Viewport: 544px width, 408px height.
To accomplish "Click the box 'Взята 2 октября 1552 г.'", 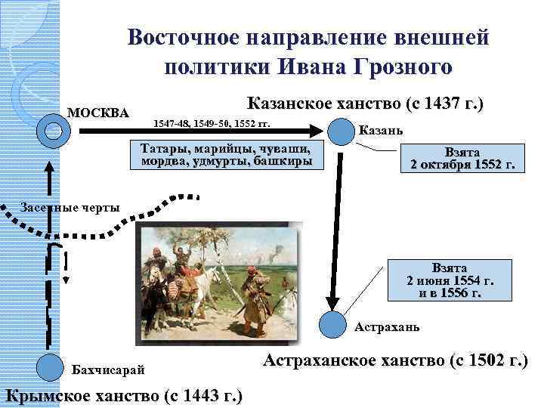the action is point(460,158).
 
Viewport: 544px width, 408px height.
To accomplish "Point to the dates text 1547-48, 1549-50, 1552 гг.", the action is point(212,122).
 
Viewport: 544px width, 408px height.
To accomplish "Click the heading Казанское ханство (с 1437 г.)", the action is point(365,104).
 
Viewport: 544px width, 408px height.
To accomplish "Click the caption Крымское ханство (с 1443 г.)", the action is point(124,395).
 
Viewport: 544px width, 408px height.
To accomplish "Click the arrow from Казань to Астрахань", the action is point(333,227).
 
